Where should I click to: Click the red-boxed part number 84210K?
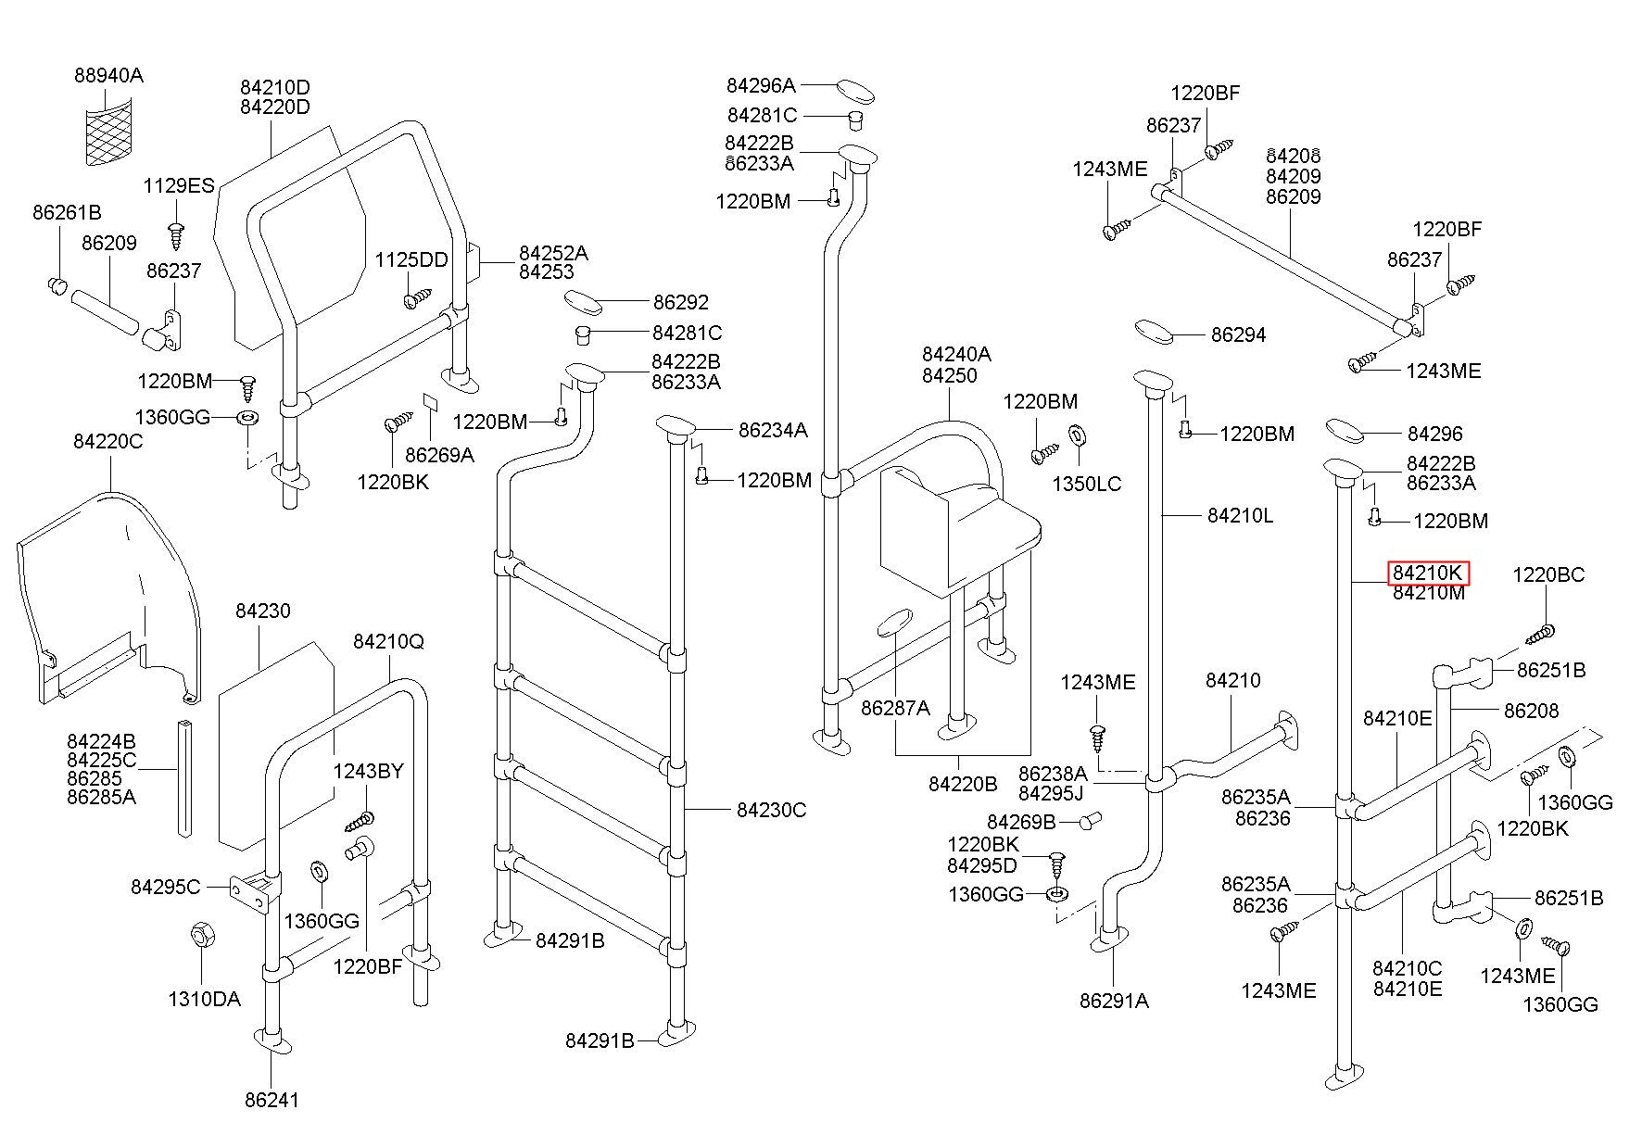click(1428, 574)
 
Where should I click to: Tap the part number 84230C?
click(771, 810)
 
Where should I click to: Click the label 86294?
click(1238, 334)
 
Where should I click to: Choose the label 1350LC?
click(1086, 484)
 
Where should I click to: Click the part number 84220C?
click(108, 441)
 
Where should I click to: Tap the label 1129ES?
click(178, 185)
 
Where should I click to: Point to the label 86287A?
click(895, 708)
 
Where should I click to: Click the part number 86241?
click(272, 1100)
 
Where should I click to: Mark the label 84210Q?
click(388, 641)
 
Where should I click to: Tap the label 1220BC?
click(1548, 574)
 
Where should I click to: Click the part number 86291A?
click(1114, 1001)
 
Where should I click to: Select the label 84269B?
click(1021, 822)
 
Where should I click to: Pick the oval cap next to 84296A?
click(856, 91)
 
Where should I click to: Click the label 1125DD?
click(410, 259)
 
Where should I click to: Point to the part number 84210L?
click(1240, 515)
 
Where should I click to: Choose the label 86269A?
click(439, 454)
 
